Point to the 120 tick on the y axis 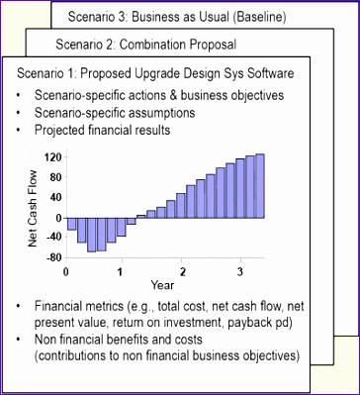[x=52, y=157]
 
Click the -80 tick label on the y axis [x=52, y=256]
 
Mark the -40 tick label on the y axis [x=52, y=237]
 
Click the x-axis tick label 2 [x=182, y=271]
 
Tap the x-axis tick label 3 [x=239, y=271]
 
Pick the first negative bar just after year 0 [x=71, y=224]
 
